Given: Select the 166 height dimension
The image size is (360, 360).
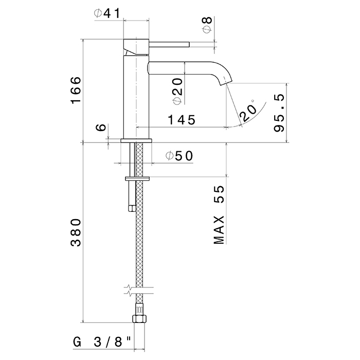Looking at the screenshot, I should pos(76,91).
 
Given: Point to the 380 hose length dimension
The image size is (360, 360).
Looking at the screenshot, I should pos(76,232).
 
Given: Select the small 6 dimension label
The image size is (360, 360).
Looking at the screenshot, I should pos(102,128).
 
